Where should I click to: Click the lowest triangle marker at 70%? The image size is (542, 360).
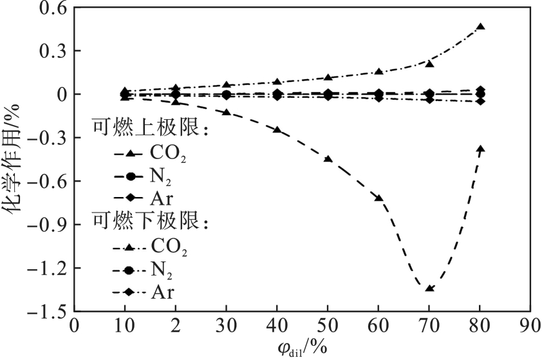click(429, 288)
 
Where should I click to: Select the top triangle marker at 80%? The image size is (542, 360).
click(480, 26)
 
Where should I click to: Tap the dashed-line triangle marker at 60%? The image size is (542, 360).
click(379, 198)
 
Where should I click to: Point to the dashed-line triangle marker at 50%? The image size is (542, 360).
click(328, 158)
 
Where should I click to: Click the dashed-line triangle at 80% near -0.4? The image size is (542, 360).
click(480, 149)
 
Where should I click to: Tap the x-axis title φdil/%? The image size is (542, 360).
click(299, 348)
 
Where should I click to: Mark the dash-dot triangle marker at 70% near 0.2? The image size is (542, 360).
click(429, 63)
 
